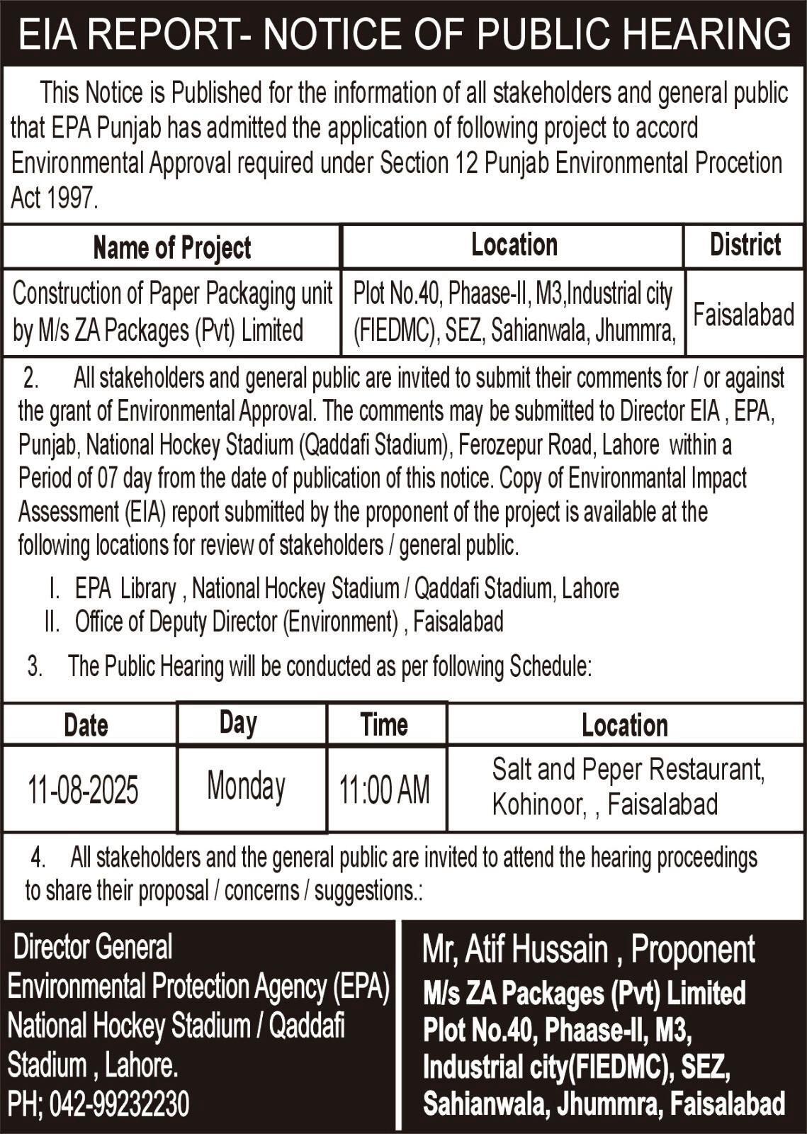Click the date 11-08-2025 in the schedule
click(x=83, y=790)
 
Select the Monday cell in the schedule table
click(x=246, y=786)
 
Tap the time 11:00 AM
click(x=384, y=790)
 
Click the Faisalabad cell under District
click(x=743, y=314)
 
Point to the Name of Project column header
click(x=171, y=247)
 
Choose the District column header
click(x=745, y=245)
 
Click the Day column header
click(x=237, y=723)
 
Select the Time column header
click(x=383, y=724)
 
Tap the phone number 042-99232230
click(x=120, y=1104)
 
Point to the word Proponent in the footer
click(x=693, y=950)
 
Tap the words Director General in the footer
click(x=93, y=947)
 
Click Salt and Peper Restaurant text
click(x=628, y=770)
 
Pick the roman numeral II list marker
click(x=51, y=622)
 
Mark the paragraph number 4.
click(x=38, y=858)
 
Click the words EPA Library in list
click(x=125, y=588)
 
